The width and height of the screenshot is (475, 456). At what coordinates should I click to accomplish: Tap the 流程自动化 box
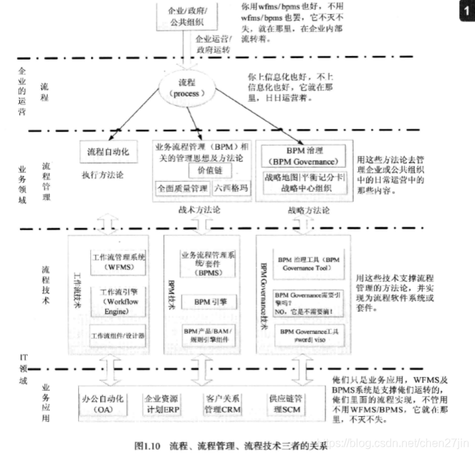[x=108, y=153]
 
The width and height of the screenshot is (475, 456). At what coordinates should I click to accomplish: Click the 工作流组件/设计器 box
[x=119, y=335]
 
